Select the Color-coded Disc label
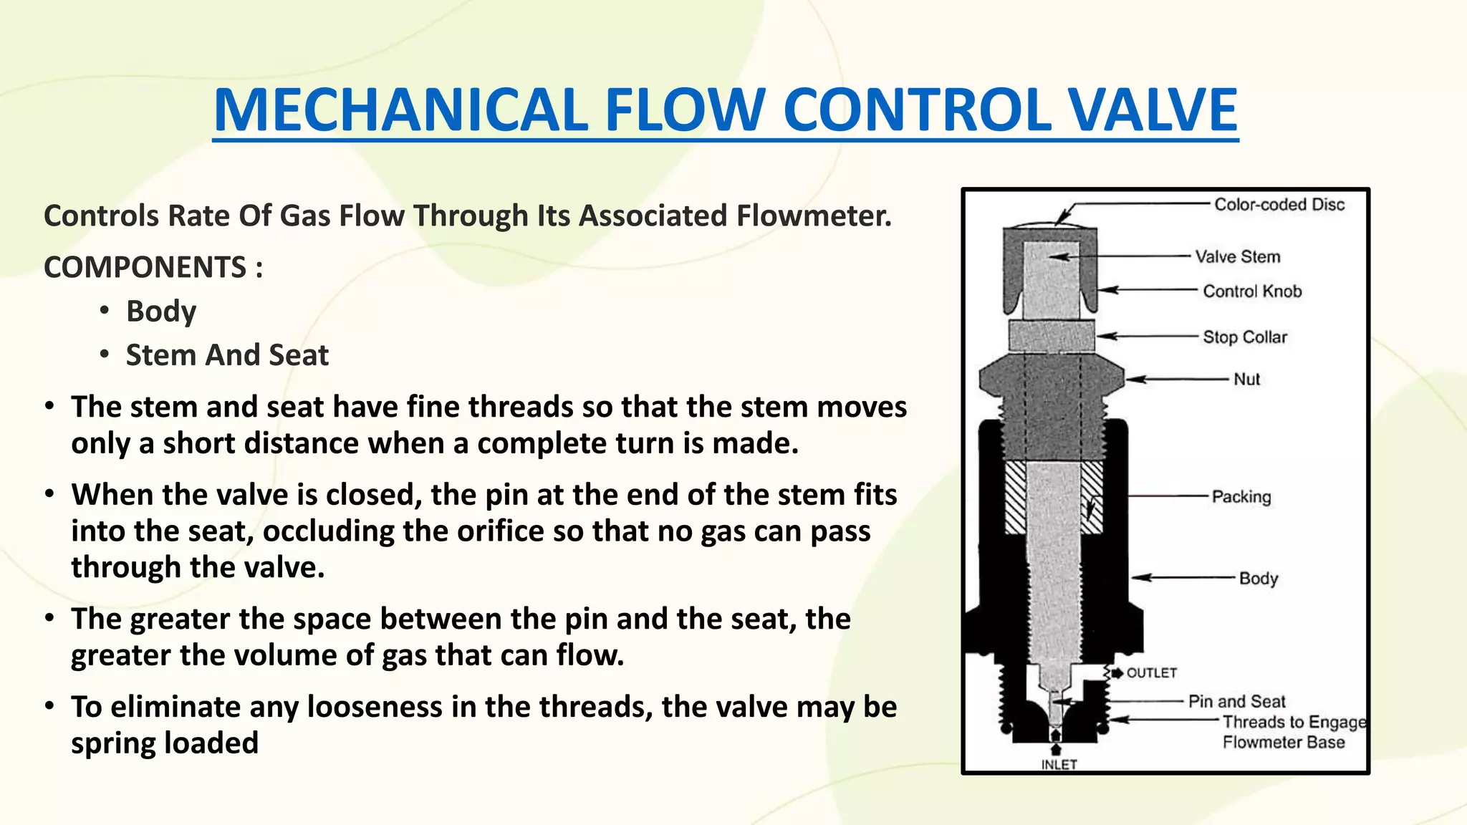(x=1279, y=205)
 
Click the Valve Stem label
(x=1237, y=256)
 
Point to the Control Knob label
(x=1252, y=291)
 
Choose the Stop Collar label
(x=1245, y=337)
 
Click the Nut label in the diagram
(x=1246, y=380)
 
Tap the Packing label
(x=1241, y=497)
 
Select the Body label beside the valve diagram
(x=1259, y=578)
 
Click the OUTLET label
(x=1152, y=673)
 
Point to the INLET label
(x=1059, y=765)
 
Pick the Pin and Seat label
(x=1236, y=702)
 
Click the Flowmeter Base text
(x=1284, y=743)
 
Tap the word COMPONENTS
(x=145, y=268)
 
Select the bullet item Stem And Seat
(x=227, y=355)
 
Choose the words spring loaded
(x=165, y=743)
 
